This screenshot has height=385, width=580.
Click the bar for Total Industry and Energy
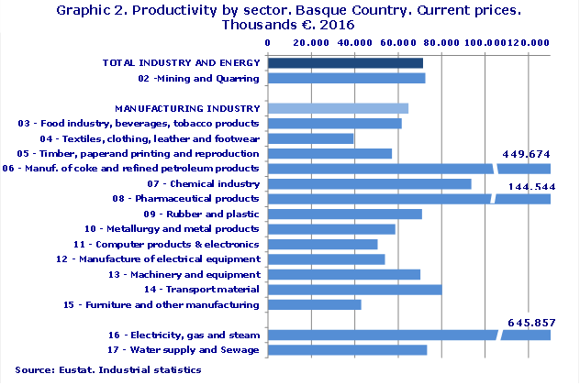click(345, 63)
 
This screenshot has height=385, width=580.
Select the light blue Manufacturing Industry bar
click(337, 108)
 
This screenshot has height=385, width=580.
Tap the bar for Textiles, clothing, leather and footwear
click(310, 138)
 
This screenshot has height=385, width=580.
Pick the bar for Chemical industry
click(369, 184)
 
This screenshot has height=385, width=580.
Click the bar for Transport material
click(354, 290)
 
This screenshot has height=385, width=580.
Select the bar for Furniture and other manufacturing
click(314, 304)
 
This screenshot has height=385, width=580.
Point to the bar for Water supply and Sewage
click(347, 350)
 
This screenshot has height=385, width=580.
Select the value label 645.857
click(539, 324)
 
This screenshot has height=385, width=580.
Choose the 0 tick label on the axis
click(267, 42)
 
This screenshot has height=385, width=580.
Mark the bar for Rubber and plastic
click(344, 214)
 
